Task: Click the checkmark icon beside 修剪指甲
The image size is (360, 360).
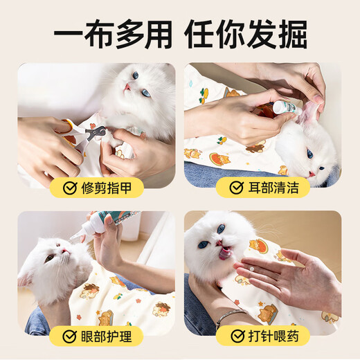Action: pyautogui.click(x=69, y=187)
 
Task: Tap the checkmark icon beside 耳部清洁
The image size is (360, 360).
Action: pyautogui.click(x=237, y=187)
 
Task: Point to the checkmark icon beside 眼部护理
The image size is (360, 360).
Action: pyautogui.click(x=69, y=336)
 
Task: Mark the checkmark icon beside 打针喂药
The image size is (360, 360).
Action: pyautogui.click(x=237, y=336)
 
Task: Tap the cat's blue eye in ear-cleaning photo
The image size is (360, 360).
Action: pyautogui.click(x=309, y=154)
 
